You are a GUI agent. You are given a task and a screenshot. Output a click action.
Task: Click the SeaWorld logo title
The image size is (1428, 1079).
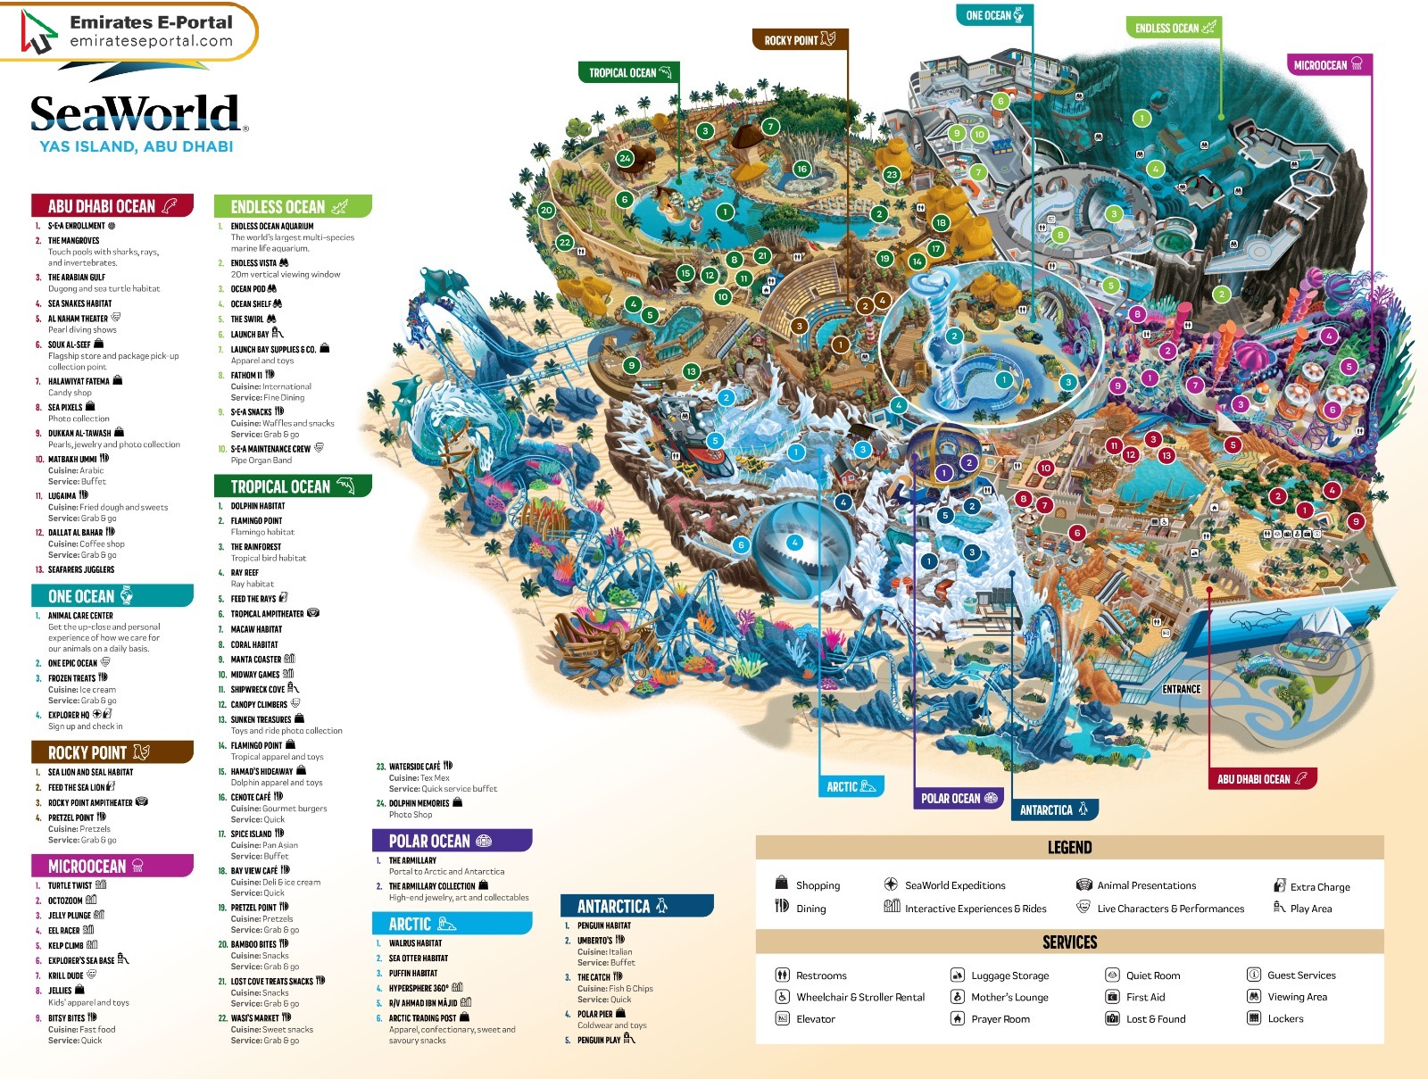(136, 114)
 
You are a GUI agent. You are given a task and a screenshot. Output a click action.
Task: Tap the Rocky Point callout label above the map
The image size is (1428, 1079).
(800, 39)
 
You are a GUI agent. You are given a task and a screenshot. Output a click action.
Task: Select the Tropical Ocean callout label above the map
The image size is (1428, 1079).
(630, 72)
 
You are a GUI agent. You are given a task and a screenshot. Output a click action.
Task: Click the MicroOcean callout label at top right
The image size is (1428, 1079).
(1327, 64)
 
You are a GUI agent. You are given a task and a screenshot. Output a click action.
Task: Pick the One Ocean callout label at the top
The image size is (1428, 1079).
(994, 15)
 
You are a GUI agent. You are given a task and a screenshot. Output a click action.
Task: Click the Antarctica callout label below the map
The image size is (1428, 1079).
(1054, 809)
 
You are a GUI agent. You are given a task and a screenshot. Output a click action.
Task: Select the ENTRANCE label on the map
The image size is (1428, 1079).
(1181, 689)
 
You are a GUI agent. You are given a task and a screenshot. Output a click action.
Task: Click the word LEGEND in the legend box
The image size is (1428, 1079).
(1069, 847)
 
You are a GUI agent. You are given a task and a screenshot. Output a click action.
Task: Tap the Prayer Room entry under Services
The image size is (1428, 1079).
(1000, 1018)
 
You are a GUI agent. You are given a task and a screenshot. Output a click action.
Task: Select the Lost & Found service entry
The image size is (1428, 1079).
(1155, 1018)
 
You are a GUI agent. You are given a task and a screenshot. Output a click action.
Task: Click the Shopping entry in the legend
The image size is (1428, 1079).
(817, 885)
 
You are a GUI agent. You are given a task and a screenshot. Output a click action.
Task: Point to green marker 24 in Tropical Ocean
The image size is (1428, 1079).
(625, 159)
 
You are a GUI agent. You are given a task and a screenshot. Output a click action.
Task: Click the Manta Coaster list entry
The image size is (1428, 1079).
(256, 660)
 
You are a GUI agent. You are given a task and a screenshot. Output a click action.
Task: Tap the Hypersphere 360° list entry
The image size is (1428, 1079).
(419, 988)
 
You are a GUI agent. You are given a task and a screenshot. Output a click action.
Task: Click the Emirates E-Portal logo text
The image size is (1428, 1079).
(151, 31)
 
